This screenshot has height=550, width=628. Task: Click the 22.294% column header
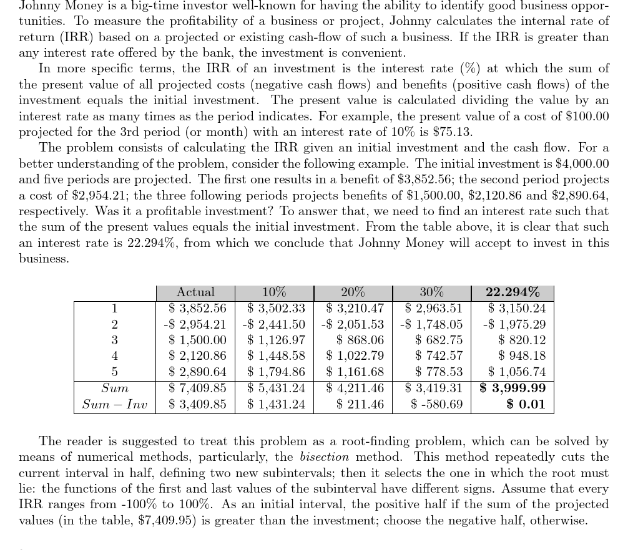(513, 292)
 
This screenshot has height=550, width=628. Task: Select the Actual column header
(195, 292)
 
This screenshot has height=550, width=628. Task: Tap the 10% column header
(274, 292)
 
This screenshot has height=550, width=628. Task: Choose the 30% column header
(431, 292)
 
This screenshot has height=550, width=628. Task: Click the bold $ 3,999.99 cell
(513, 388)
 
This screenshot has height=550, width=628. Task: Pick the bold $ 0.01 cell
(526, 404)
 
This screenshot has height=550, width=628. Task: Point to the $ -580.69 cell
(437, 404)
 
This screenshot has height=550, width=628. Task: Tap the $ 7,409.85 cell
(197, 388)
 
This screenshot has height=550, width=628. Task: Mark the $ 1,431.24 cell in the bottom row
(276, 404)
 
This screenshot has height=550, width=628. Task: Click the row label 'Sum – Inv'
(115, 404)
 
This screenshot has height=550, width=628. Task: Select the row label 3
(115, 340)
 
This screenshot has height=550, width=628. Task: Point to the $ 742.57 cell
(439, 356)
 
